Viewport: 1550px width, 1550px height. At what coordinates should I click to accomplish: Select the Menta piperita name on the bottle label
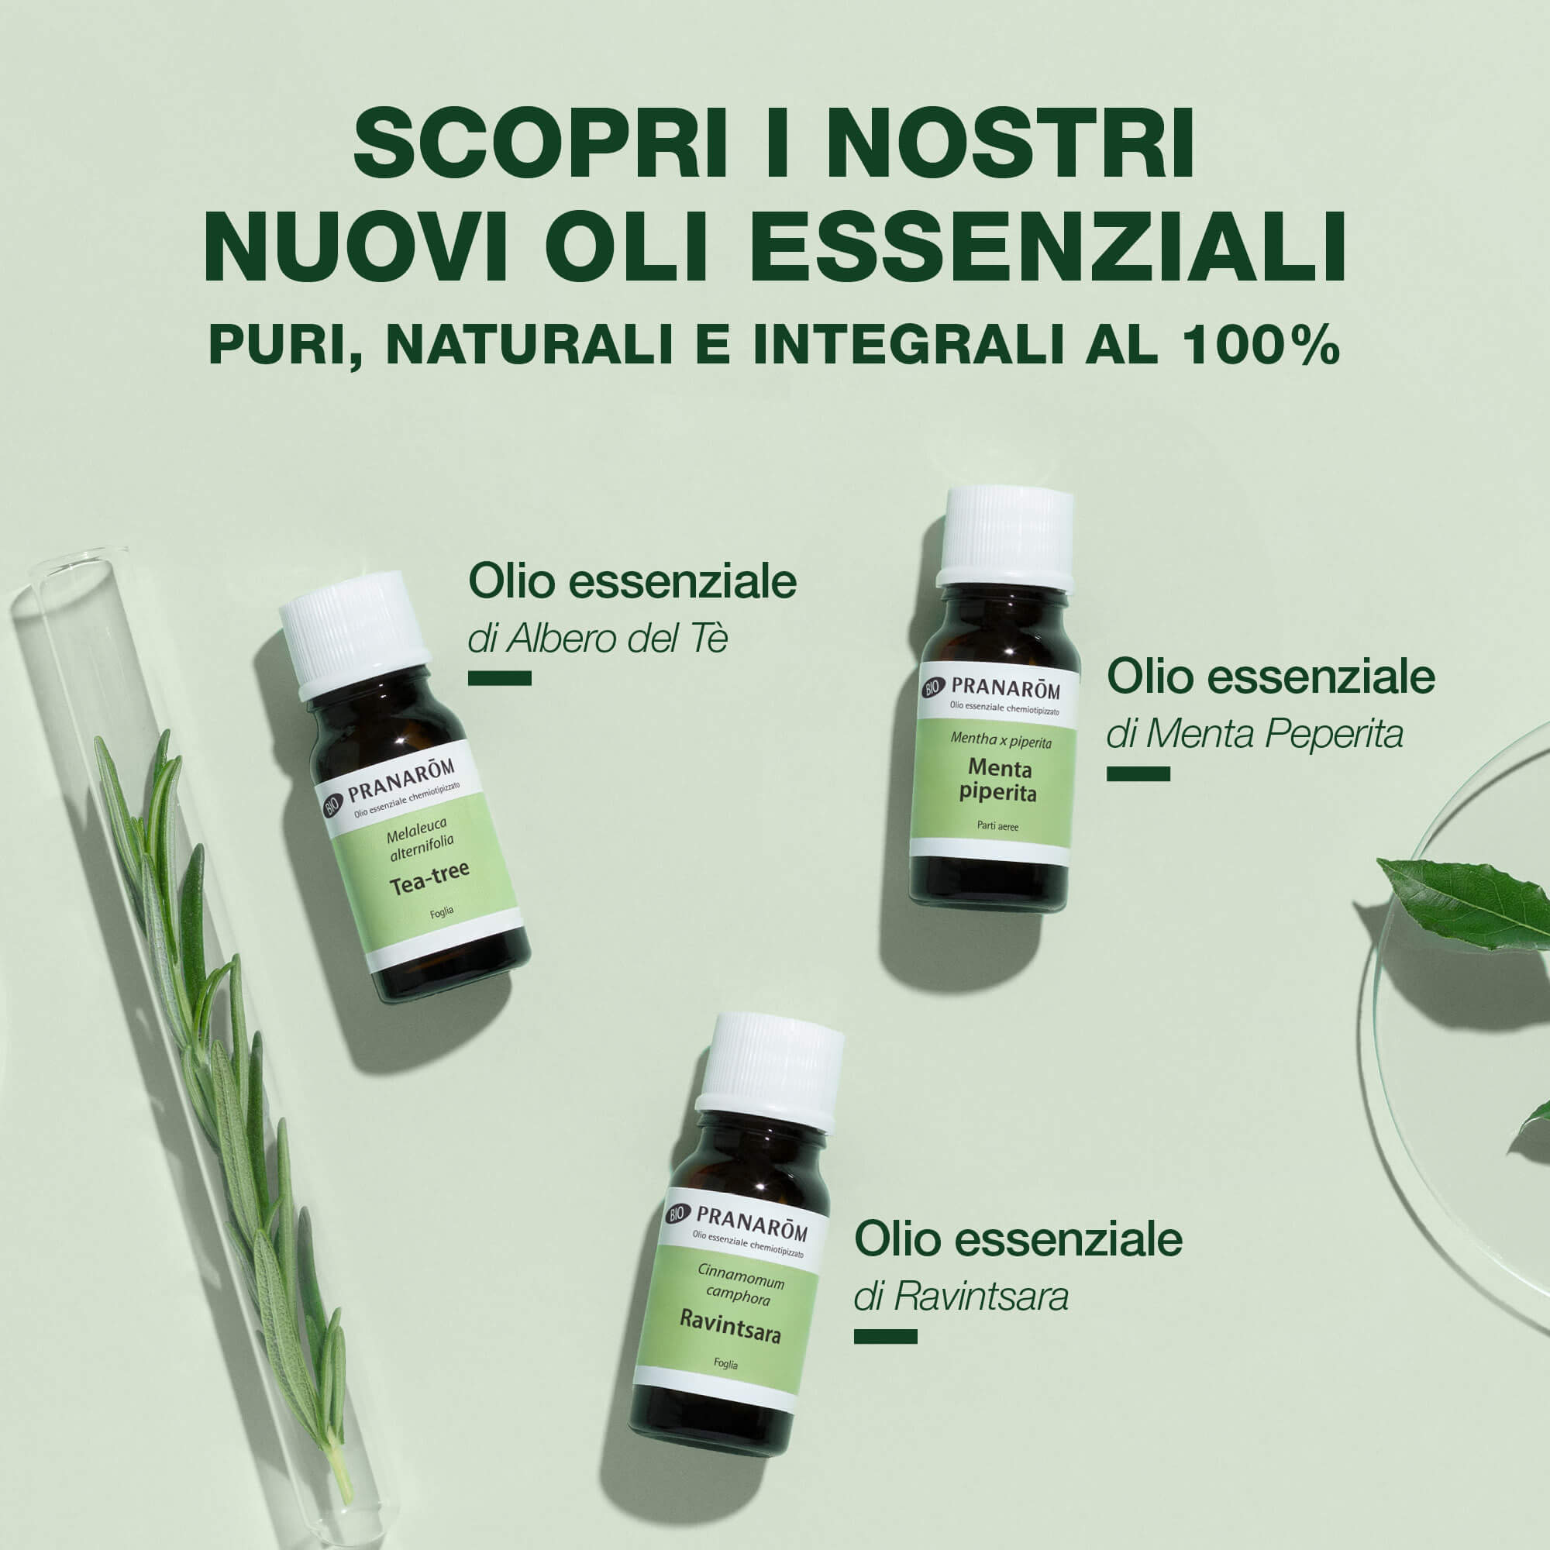999,780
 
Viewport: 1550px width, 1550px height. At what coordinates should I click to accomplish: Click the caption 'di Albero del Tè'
598,639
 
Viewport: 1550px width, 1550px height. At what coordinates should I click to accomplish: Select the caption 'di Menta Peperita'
1254,734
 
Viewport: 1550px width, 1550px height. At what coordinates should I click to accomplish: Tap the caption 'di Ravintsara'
961,1297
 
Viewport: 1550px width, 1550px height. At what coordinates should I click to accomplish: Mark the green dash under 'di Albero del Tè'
500,679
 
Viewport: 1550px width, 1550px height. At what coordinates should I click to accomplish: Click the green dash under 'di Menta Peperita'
1138,773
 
